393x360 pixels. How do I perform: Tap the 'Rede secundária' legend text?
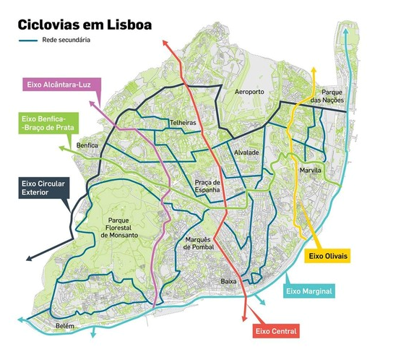point(67,40)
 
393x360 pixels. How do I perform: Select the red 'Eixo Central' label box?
point(276,331)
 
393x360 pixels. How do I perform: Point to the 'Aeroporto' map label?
point(251,93)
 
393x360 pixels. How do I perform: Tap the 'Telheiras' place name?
point(183,123)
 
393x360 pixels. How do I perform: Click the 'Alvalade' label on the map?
point(246,153)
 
